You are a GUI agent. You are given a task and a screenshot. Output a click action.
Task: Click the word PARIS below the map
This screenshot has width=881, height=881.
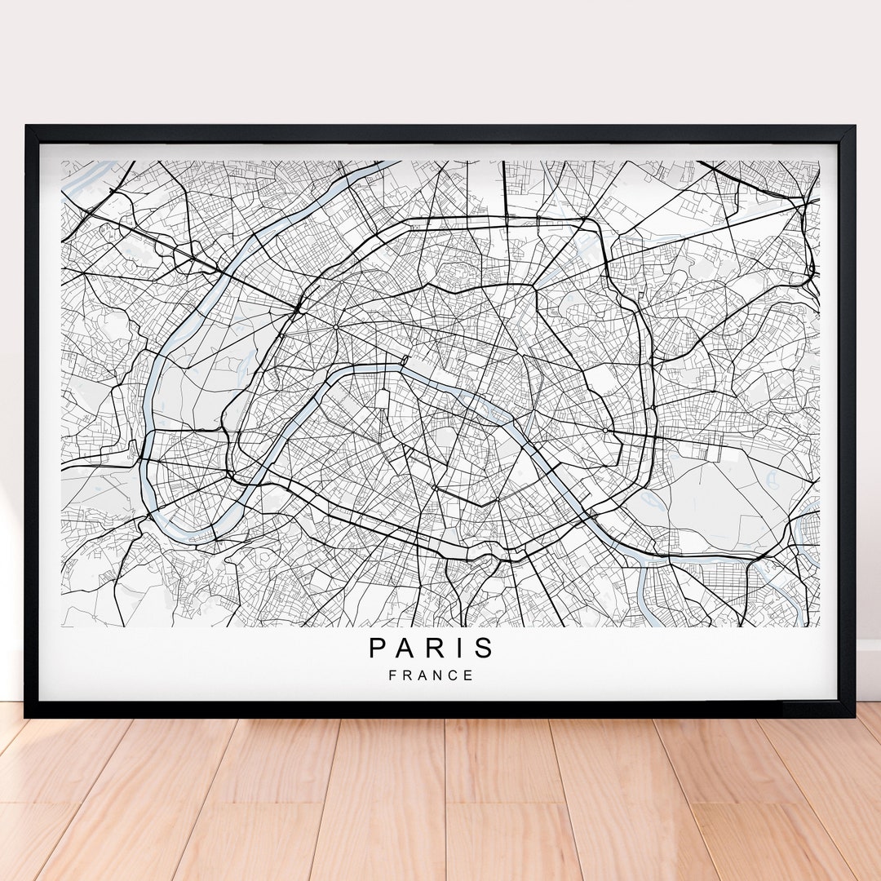point(432,648)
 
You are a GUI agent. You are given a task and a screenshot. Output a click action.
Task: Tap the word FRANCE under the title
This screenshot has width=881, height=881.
point(432,675)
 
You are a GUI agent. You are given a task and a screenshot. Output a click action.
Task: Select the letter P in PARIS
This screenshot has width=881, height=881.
point(378,648)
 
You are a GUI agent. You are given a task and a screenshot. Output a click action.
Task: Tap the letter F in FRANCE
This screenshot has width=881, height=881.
point(393,675)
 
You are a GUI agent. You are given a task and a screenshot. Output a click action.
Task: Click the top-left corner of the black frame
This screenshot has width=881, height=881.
point(27,127)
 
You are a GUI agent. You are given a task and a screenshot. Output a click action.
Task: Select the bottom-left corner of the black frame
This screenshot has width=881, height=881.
point(27,715)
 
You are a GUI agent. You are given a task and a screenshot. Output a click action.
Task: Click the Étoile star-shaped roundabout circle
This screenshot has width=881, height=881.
point(335,327)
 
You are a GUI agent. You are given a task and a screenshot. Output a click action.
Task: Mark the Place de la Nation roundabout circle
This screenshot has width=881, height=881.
point(604,430)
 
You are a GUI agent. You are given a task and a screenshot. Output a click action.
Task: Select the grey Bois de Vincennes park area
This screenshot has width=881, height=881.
point(718,498)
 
